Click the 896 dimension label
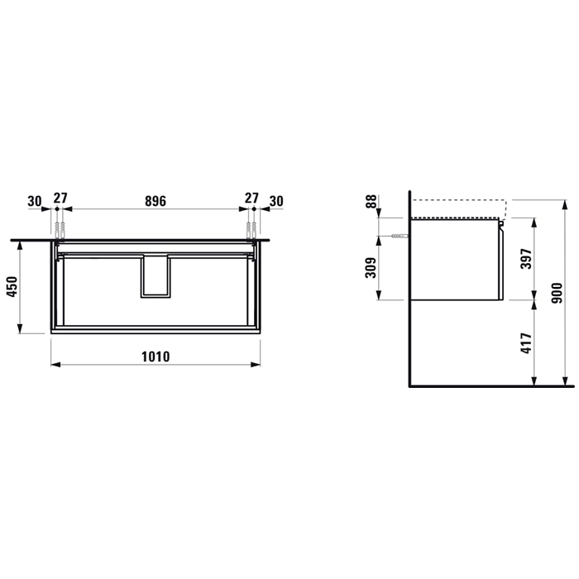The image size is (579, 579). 156,201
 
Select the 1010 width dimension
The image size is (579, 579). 156,356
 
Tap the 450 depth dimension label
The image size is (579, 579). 12,286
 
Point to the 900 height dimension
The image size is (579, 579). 557,293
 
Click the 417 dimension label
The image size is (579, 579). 527,343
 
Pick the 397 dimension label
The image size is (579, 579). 527,258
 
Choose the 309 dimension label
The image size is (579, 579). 371,268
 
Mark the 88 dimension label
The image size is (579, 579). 371,202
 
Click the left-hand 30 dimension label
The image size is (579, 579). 35,202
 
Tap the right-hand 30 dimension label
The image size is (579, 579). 276,201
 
